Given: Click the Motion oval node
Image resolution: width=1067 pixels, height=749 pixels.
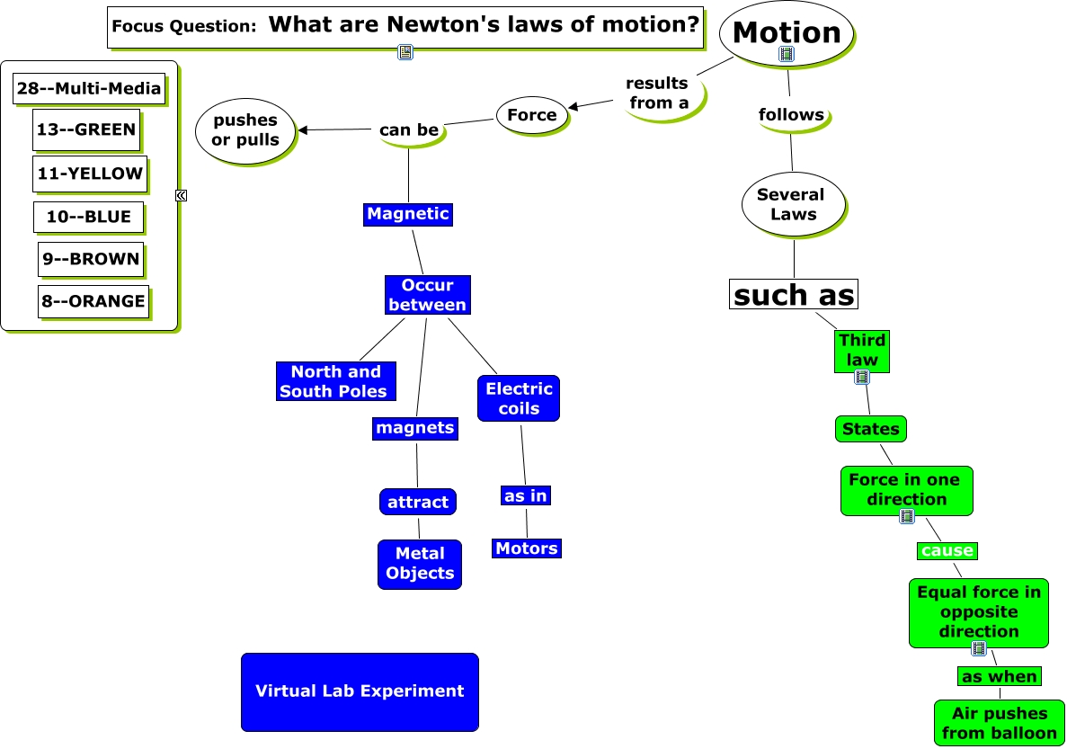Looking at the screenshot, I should pyautogui.click(x=787, y=32).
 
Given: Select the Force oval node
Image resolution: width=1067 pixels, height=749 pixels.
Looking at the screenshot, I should pyautogui.click(x=532, y=115).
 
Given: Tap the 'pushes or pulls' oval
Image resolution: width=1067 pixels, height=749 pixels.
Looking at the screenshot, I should pyautogui.click(x=245, y=130).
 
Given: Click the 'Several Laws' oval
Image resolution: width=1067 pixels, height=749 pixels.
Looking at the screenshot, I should pyautogui.click(x=791, y=204).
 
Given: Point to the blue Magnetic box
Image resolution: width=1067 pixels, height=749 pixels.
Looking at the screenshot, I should pyautogui.click(x=407, y=214).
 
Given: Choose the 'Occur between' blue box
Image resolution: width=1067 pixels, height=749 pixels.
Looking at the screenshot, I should pyautogui.click(x=428, y=295).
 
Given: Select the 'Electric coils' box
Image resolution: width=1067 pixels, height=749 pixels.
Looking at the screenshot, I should pyautogui.click(x=519, y=398).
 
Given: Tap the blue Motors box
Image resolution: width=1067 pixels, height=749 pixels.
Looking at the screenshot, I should pyautogui.click(x=527, y=548).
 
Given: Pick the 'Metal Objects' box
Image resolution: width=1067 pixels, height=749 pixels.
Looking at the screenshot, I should pyautogui.click(x=420, y=564).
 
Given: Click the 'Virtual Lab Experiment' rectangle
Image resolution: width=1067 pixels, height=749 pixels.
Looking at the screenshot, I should pyautogui.click(x=360, y=691).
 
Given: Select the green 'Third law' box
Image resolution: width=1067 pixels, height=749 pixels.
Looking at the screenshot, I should pyautogui.click(x=862, y=350).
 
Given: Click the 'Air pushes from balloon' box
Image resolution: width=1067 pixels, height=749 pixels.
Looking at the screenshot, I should pyautogui.click(x=999, y=723).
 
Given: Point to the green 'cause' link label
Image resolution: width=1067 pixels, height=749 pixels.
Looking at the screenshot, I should pyautogui.click(x=947, y=550).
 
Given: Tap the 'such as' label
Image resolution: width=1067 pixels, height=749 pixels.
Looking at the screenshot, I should pyautogui.click(x=794, y=294).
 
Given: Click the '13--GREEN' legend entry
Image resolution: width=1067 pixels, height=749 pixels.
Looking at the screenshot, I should pyautogui.click(x=86, y=129).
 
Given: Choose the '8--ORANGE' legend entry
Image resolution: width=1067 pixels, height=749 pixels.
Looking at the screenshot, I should pyautogui.click(x=93, y=301).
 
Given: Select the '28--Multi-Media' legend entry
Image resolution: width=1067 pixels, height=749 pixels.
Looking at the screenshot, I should pyautogui.click(x=89, y=88).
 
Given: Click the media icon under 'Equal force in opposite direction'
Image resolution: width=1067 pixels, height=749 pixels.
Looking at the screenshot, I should pyautogui.click(x=979, y=648).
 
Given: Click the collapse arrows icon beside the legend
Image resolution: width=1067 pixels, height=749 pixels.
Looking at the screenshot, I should pyautogui.click(x=181, y=195).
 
